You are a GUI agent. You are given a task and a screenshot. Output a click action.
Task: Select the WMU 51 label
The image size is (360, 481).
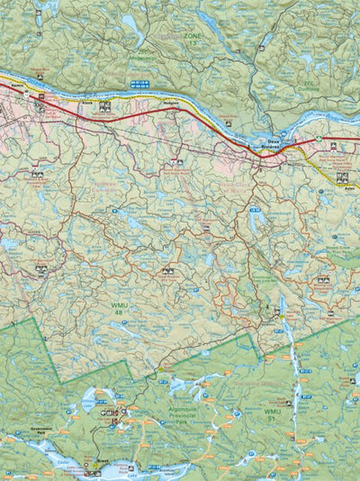pyautogui.click(x=274, y=415)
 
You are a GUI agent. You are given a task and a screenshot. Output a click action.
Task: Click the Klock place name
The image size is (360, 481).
pyautogui.click(x=89, y=103)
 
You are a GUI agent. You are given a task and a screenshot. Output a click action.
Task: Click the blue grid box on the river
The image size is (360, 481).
pyautogui.click(x=140, y=84)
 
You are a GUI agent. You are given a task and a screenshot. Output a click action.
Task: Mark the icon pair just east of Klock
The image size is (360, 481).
pyautogui.click(x=105, y=106)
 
